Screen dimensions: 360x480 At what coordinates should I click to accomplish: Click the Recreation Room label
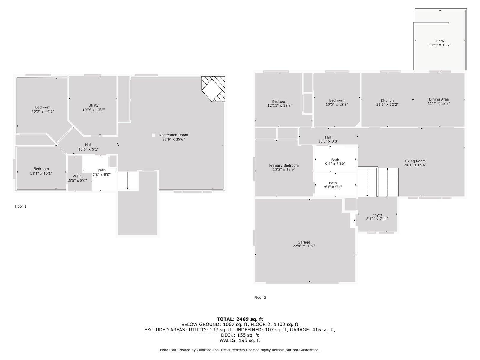(173, 135)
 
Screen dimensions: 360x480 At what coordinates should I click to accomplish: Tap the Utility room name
(93, 105)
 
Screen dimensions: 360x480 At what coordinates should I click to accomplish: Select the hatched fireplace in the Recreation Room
(213, 89)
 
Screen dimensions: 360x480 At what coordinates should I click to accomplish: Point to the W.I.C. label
(78, 176)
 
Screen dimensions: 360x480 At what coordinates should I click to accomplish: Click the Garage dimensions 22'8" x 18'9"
(304, 246)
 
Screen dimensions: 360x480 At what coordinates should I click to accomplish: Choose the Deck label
(440, 41)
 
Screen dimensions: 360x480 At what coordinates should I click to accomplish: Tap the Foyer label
(377, 215)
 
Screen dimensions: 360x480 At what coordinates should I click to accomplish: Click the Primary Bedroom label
(284, 165)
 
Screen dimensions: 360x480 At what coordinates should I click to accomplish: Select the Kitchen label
(387, 100)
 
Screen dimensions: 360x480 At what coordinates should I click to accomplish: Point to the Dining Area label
(439, 99)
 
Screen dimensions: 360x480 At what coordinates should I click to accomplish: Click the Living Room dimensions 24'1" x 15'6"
(415, 165)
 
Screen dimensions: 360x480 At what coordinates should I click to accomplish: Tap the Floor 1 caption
(21, 206)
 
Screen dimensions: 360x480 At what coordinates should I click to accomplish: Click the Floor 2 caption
(260, 298)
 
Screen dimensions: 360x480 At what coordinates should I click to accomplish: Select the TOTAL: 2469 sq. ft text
(240, 319)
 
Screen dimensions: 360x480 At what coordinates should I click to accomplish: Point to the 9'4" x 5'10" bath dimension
(335, 164)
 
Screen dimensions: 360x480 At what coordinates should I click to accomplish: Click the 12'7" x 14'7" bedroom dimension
(43, 112)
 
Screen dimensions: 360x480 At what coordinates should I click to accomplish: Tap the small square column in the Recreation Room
(154, 135)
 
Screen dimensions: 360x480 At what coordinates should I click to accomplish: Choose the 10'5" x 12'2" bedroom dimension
(337, 104)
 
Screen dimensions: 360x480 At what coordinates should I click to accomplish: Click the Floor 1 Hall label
(88, 145)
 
